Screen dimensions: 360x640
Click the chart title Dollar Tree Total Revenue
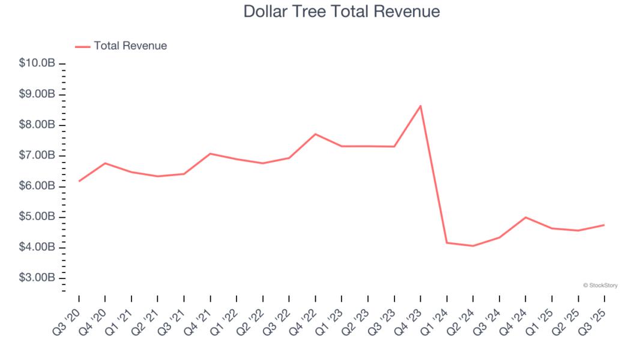342,11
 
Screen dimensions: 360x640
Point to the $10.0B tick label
38,64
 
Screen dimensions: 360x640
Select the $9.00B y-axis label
38,94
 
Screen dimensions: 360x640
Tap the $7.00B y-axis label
38,156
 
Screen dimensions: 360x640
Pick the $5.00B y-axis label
38,217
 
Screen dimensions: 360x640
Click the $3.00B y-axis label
38,278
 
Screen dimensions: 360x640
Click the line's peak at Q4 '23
420,106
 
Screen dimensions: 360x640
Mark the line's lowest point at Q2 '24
473,246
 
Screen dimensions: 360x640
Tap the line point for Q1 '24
447,242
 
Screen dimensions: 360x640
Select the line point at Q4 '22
315,134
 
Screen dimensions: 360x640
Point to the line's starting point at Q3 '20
79,181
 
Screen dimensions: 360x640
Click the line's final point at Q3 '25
604,225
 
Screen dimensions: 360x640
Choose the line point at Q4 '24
525,217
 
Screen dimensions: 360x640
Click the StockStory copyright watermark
600,286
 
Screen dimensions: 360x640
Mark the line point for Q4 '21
210,154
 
